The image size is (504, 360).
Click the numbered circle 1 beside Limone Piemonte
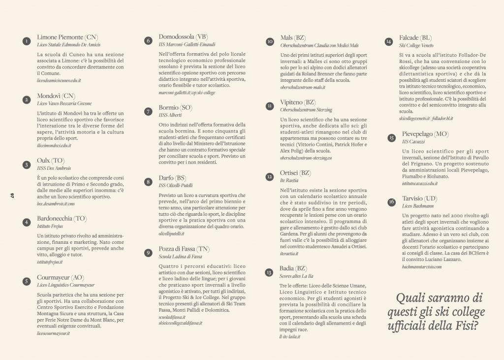click(26, 41)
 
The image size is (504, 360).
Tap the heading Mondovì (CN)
click(56, 96)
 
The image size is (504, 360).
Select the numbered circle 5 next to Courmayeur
click(26, 281)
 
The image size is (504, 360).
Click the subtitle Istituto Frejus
click(51, 226)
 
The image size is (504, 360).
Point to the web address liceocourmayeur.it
click(53, 333)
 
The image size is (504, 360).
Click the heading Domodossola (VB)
click(183, 37)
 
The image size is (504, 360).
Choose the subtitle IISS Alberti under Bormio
click(170, 115)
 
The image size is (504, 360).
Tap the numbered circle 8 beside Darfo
click(148, 182)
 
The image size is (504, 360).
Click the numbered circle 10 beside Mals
click(269, 41)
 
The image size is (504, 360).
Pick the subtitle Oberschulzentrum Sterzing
click(306, 110)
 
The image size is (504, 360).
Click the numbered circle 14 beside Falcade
click(389, 41)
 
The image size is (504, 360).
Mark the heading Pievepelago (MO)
click(425, 134)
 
